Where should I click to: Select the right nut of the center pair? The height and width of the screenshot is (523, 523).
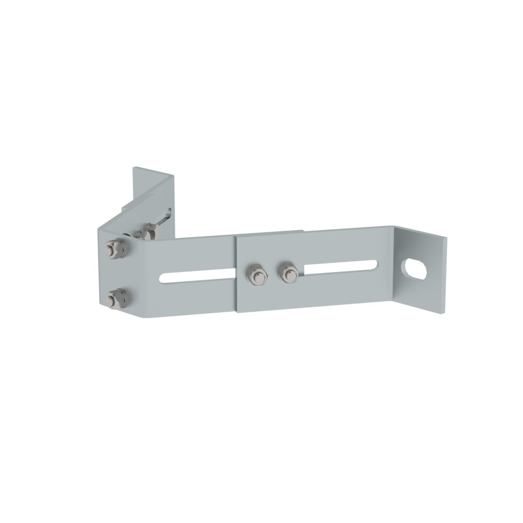coord(287,272)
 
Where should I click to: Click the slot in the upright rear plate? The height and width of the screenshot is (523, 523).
coord(167,214)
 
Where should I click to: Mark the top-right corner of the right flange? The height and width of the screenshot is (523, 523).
coord(447,239)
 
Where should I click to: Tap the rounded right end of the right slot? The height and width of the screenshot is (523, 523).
coord(375,264)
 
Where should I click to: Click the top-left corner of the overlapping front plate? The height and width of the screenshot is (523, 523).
coord(236,235)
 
